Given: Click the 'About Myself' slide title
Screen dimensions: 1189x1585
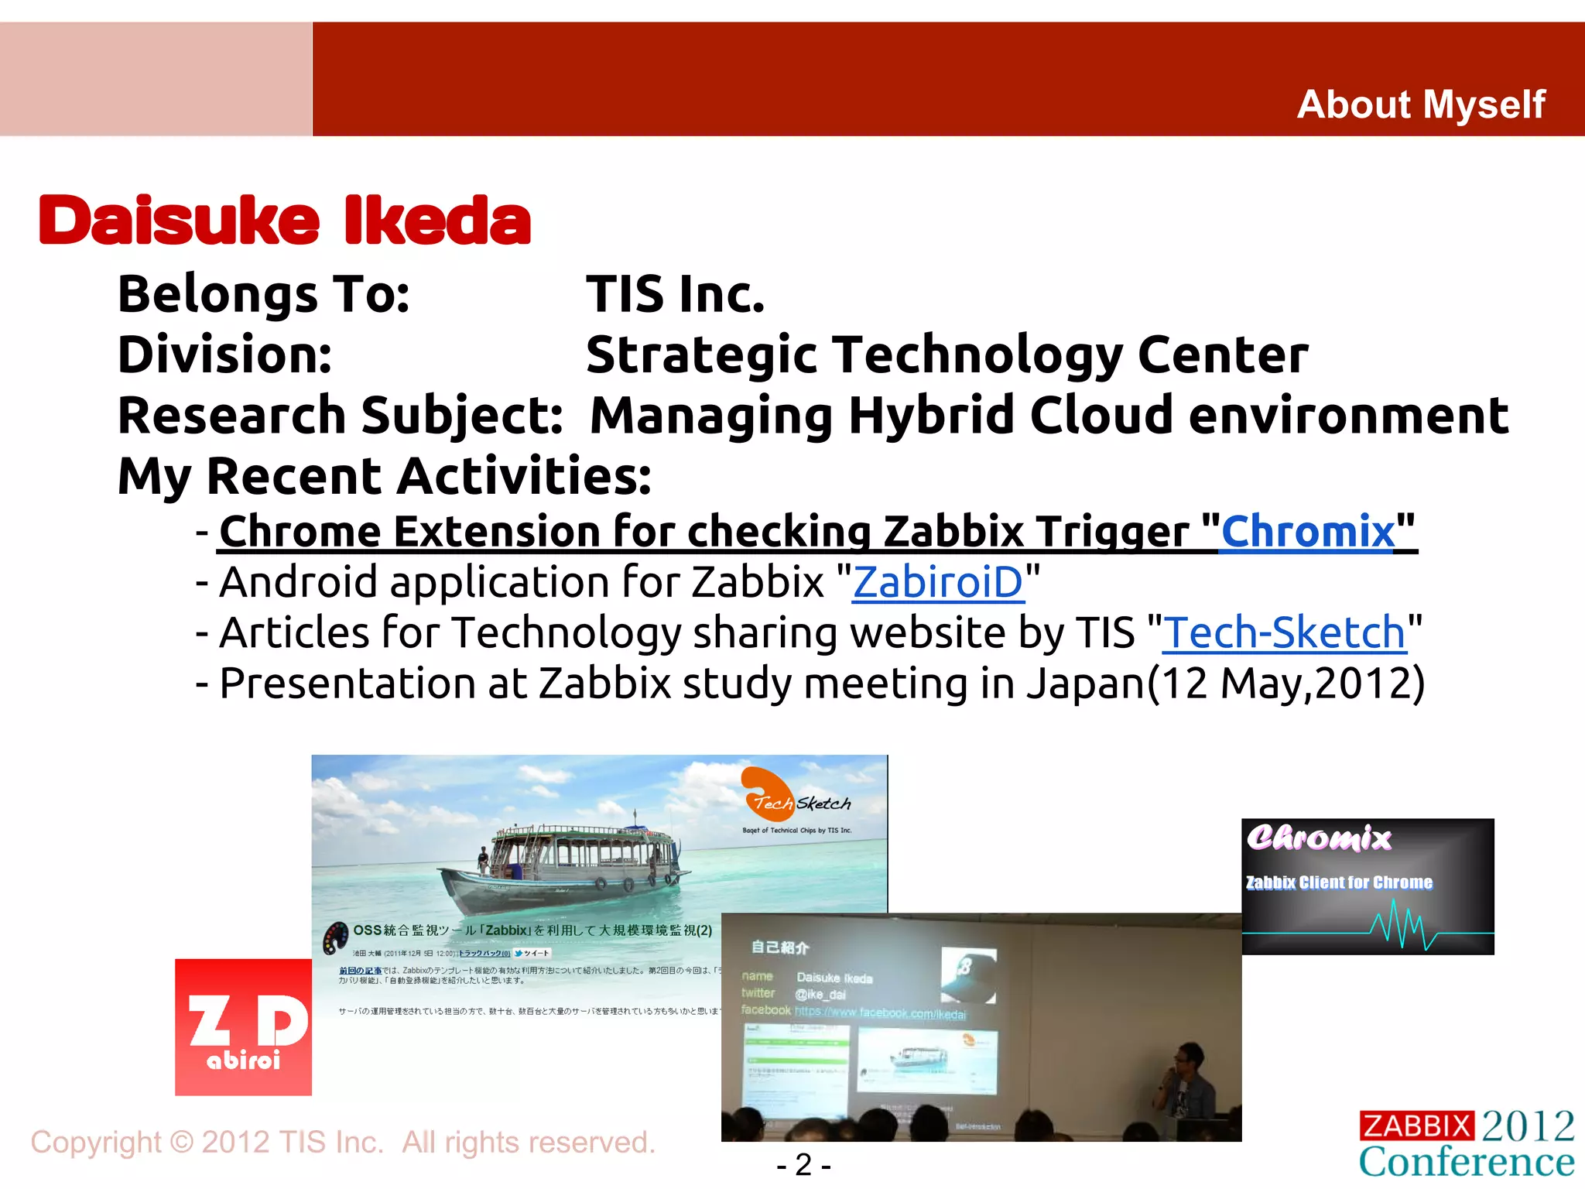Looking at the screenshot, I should pos(1421,105).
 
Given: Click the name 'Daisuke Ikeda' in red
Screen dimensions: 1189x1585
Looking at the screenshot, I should pos(285,221).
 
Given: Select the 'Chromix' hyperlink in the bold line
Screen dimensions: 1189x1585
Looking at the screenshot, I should pos(1308,532).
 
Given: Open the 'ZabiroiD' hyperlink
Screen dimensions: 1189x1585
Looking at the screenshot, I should pos(938,582).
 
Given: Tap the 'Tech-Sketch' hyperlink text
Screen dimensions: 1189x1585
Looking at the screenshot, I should pos(1285,633).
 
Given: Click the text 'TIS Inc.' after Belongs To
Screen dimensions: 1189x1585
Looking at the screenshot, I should pos(675,295).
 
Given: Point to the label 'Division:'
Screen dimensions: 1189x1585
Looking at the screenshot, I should pos(224,355).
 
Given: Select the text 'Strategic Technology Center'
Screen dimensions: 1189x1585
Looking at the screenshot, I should pos(947,355).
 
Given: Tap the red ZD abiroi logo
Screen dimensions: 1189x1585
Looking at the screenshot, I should pos(243,1027).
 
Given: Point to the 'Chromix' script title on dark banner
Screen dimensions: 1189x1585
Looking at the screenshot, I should pos(1319,838).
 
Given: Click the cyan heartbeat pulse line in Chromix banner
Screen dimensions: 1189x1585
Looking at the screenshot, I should pos(1401,925).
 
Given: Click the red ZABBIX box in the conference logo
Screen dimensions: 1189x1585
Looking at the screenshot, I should pos(1416,1126).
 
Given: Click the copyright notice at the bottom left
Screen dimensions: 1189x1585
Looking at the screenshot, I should pos(343,1143).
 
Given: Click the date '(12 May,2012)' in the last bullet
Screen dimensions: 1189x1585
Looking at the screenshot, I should pos(1285,684).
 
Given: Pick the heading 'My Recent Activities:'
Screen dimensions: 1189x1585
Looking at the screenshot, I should pos(385,476).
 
